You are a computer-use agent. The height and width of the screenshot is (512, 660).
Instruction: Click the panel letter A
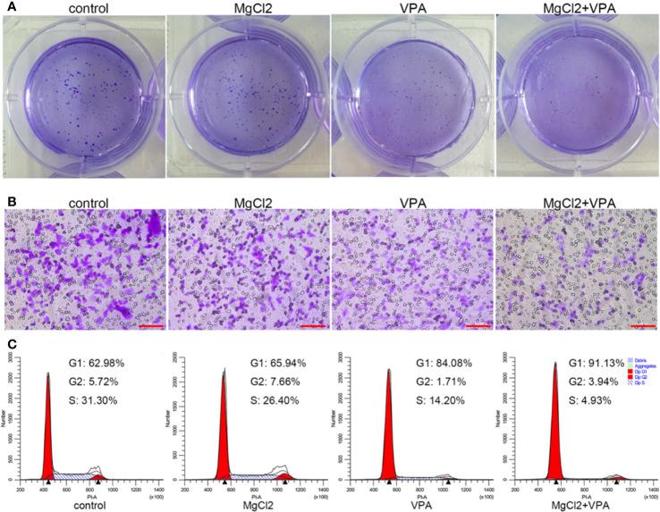click(7, 8)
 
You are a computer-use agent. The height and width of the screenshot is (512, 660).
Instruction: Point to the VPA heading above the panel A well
click(412, 8)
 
